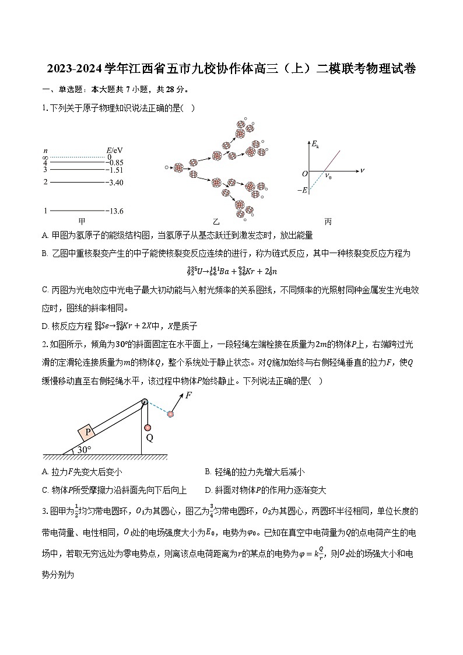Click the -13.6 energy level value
(114, 211)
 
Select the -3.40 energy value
(114, 183)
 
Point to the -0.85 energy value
(114, 163)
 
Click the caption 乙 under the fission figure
(216, 222)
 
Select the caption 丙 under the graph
(328, 222)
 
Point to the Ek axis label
(315, 144)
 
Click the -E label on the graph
(301, 190)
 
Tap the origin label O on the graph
(304, 174)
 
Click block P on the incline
(88, 432)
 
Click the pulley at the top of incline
(145, 402)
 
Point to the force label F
(188, 395)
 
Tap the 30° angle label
(85, 450)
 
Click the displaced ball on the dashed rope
(170, 414)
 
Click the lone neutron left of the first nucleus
(167, 167)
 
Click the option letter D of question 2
(208, 490)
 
